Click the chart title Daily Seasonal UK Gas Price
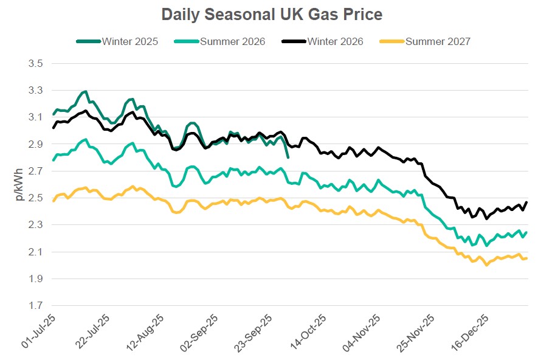click(272, 14)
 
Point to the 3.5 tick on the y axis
click(35, 63)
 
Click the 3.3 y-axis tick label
click(35, 90)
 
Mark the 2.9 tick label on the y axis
click(35, 144)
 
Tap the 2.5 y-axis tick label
click(35, 198)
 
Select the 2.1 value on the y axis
click(35, 252)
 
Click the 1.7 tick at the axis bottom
click(35, 306)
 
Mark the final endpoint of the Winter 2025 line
click(288, 157)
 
